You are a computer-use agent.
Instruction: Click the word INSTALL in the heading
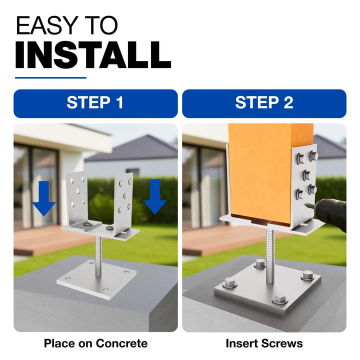pyautogui.click(x=93, y=55)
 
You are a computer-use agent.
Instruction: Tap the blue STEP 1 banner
pyautogui.click(x=95, y=103)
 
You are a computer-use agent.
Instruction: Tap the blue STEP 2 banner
pyautogui.click(x=264, y=103)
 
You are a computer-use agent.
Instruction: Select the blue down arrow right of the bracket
pyautogui.click(x=155, y=197)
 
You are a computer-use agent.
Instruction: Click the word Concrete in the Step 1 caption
pyautogui.click(x=121, y=343)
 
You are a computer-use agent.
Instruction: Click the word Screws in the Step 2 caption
pyautogui.click(x=281, y=343)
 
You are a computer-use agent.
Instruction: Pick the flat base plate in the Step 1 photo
pyautogui.click(x=96, y=279)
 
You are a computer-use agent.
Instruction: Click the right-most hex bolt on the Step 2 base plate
pyautogui.click(x=307, y=275)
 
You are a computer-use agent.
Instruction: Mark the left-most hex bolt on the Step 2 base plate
pyautogui.click(x=229, y=282)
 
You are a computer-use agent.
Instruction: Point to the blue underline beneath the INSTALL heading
pyautogui.click(x=50, y=78)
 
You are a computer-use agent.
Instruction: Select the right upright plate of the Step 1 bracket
pyautogui.click(x=123, y=203)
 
